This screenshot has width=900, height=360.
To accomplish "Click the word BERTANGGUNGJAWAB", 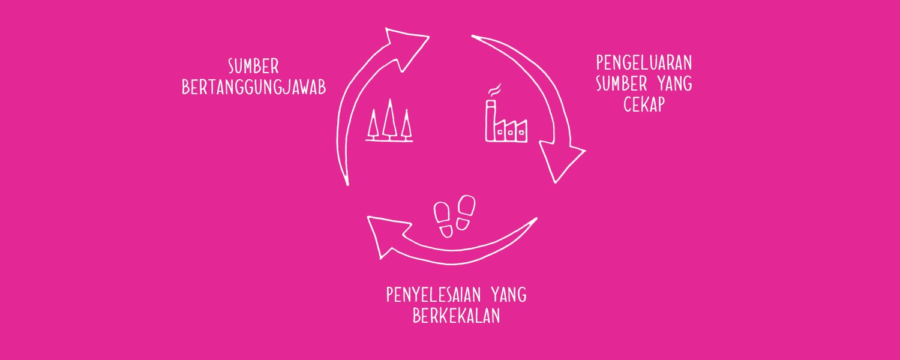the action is tap(254, 88).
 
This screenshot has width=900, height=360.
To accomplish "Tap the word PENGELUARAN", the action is tap(644, 63).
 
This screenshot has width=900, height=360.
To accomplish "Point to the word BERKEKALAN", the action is tap(457, 316).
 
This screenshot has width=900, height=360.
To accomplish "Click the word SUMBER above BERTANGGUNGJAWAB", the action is tap(254, 66).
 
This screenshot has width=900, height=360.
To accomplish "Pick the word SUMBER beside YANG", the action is tap(622, 84).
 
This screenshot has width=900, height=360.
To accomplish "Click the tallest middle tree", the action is tap(389, 119).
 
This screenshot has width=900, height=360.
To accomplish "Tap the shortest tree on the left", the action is tap(373, 125).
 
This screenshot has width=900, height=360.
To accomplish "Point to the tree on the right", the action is tap(407, 125).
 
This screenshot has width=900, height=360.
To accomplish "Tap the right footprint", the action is tap(466, 212).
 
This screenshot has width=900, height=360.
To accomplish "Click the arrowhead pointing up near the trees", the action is tap(404, 47).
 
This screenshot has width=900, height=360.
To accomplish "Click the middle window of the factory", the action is tap(510, 132).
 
